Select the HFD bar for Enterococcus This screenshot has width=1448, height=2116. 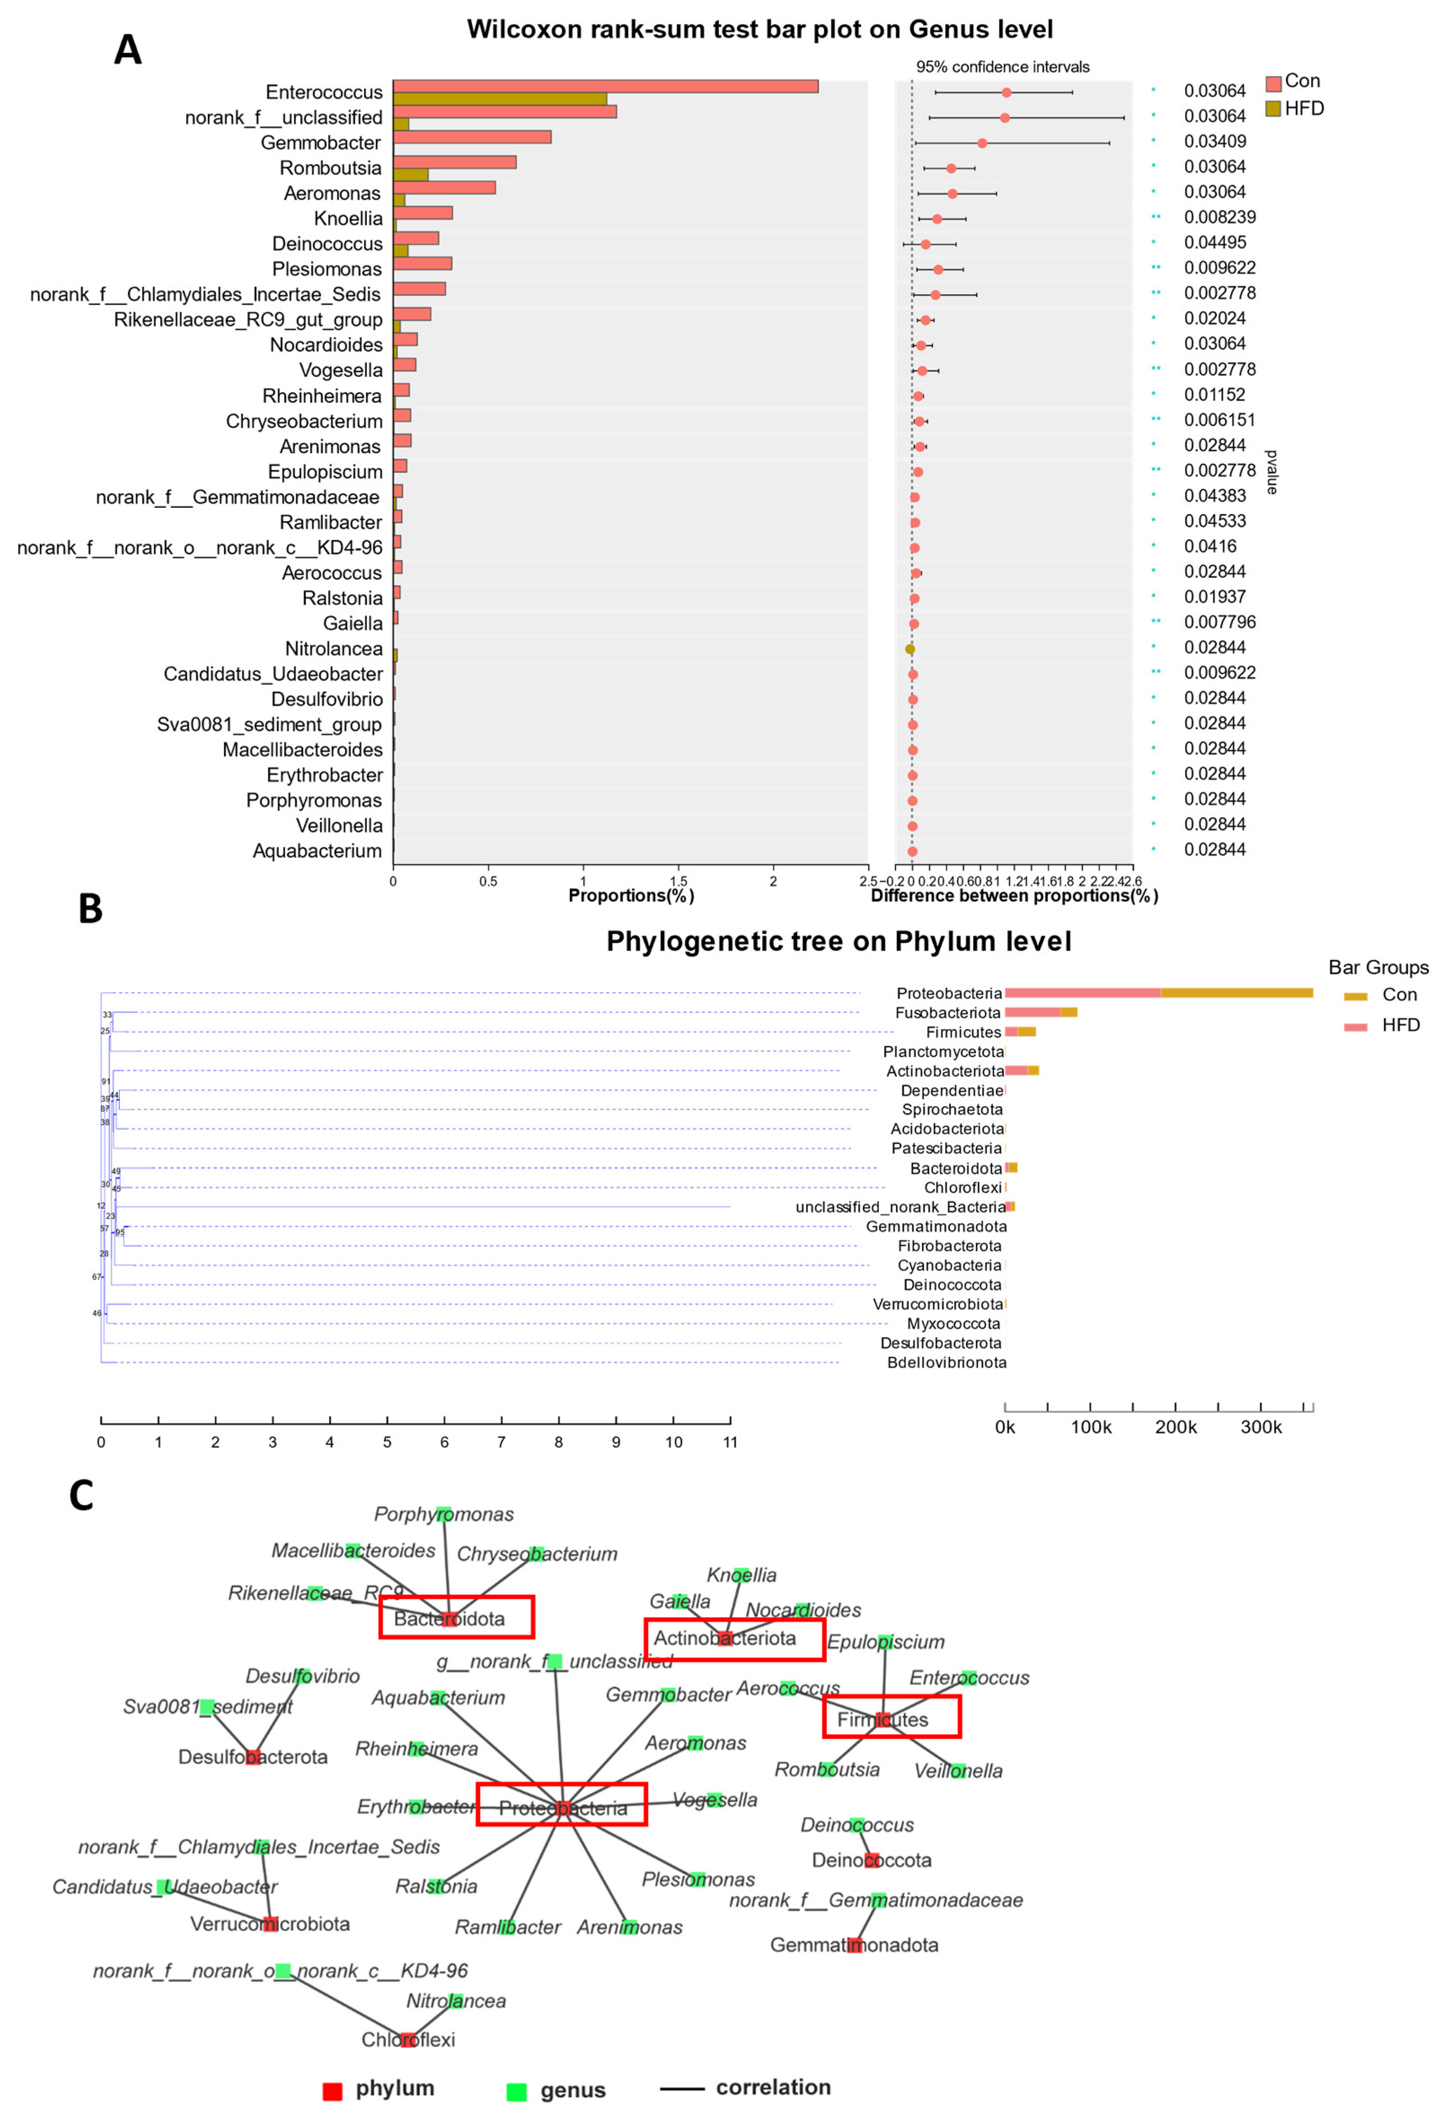coord(499,98)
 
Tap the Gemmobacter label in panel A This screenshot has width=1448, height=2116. coord(321,143)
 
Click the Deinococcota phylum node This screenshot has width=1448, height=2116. coord(871,1860)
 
